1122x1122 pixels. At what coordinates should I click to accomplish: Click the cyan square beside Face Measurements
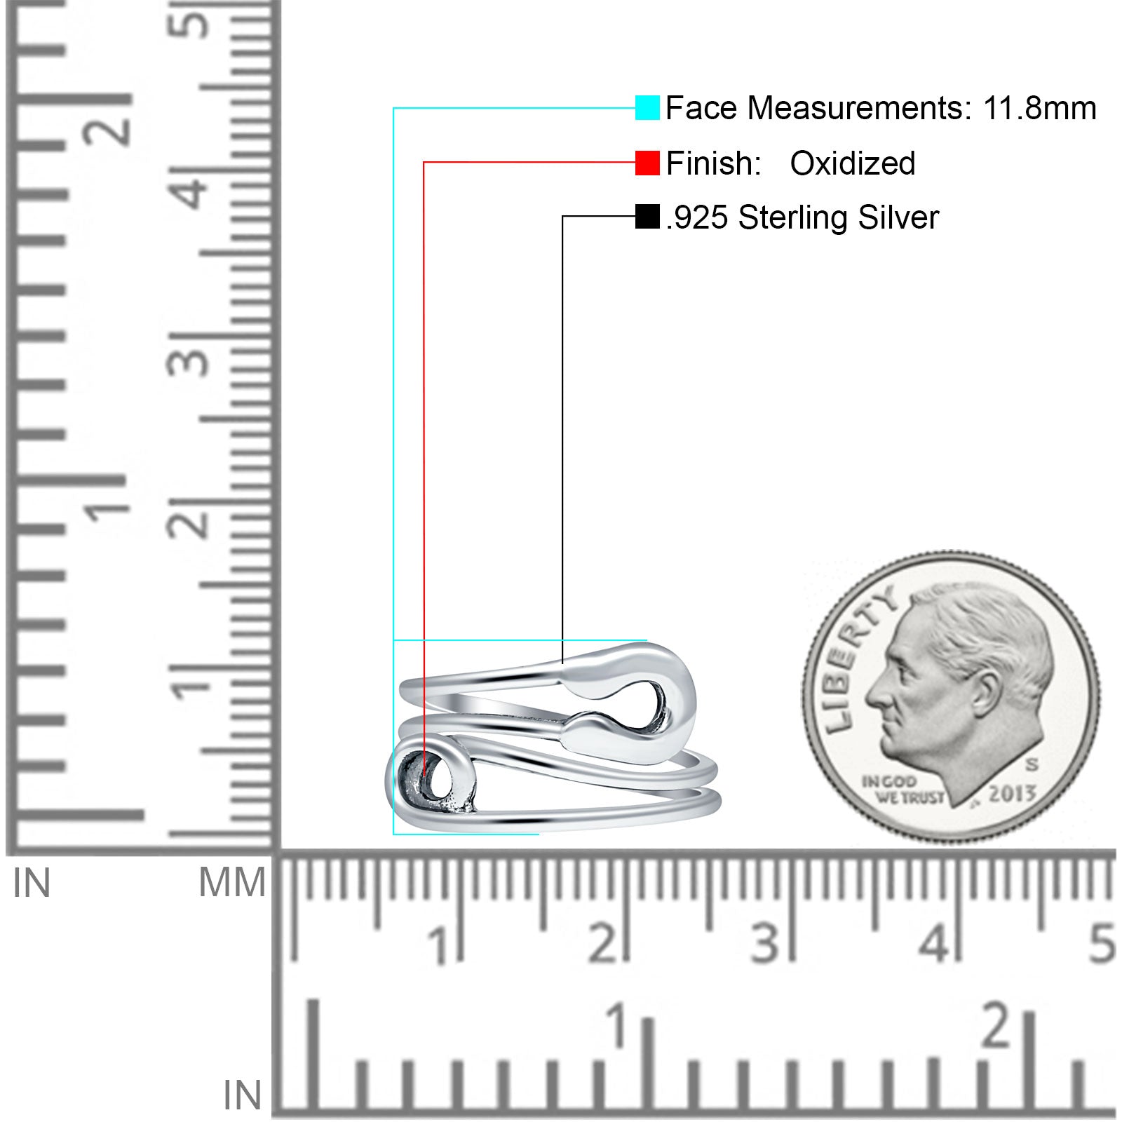647,107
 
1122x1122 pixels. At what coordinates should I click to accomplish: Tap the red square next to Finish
647,163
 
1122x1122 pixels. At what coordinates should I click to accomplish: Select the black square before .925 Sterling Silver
647,217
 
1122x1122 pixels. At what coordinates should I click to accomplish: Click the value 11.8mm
1039,108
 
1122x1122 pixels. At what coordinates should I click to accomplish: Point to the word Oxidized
853,163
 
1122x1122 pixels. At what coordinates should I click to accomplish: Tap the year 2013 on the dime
1012,793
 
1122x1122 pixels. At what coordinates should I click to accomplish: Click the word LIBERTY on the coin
856,659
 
